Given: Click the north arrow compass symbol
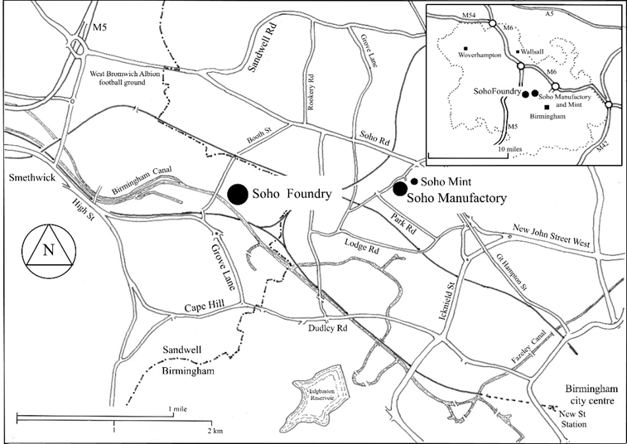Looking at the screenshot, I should click(x=50, y=247).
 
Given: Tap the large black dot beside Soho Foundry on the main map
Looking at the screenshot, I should click(x=237, y=192).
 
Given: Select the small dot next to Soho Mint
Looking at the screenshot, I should click(x=414, y=181).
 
